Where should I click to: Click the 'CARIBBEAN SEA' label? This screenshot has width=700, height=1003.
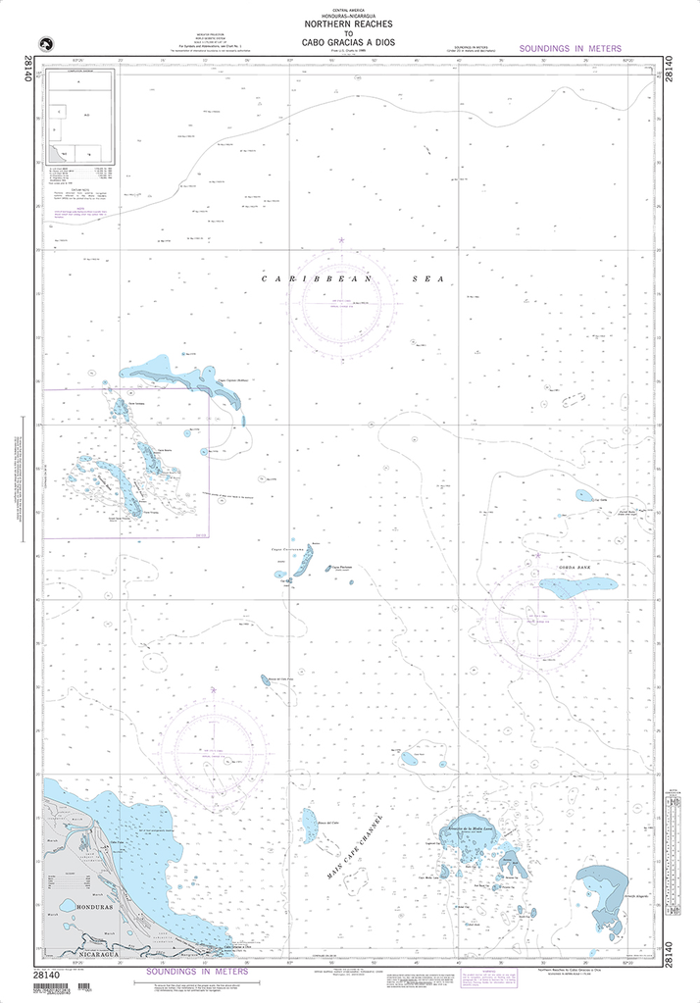[x=352, y=279]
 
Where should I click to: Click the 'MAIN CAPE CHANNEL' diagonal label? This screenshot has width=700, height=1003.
[x=355, y=846]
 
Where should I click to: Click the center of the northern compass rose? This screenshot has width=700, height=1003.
[x=342, y=302]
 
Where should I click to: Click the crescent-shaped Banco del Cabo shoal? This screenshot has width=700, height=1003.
[x=310, y=826]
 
